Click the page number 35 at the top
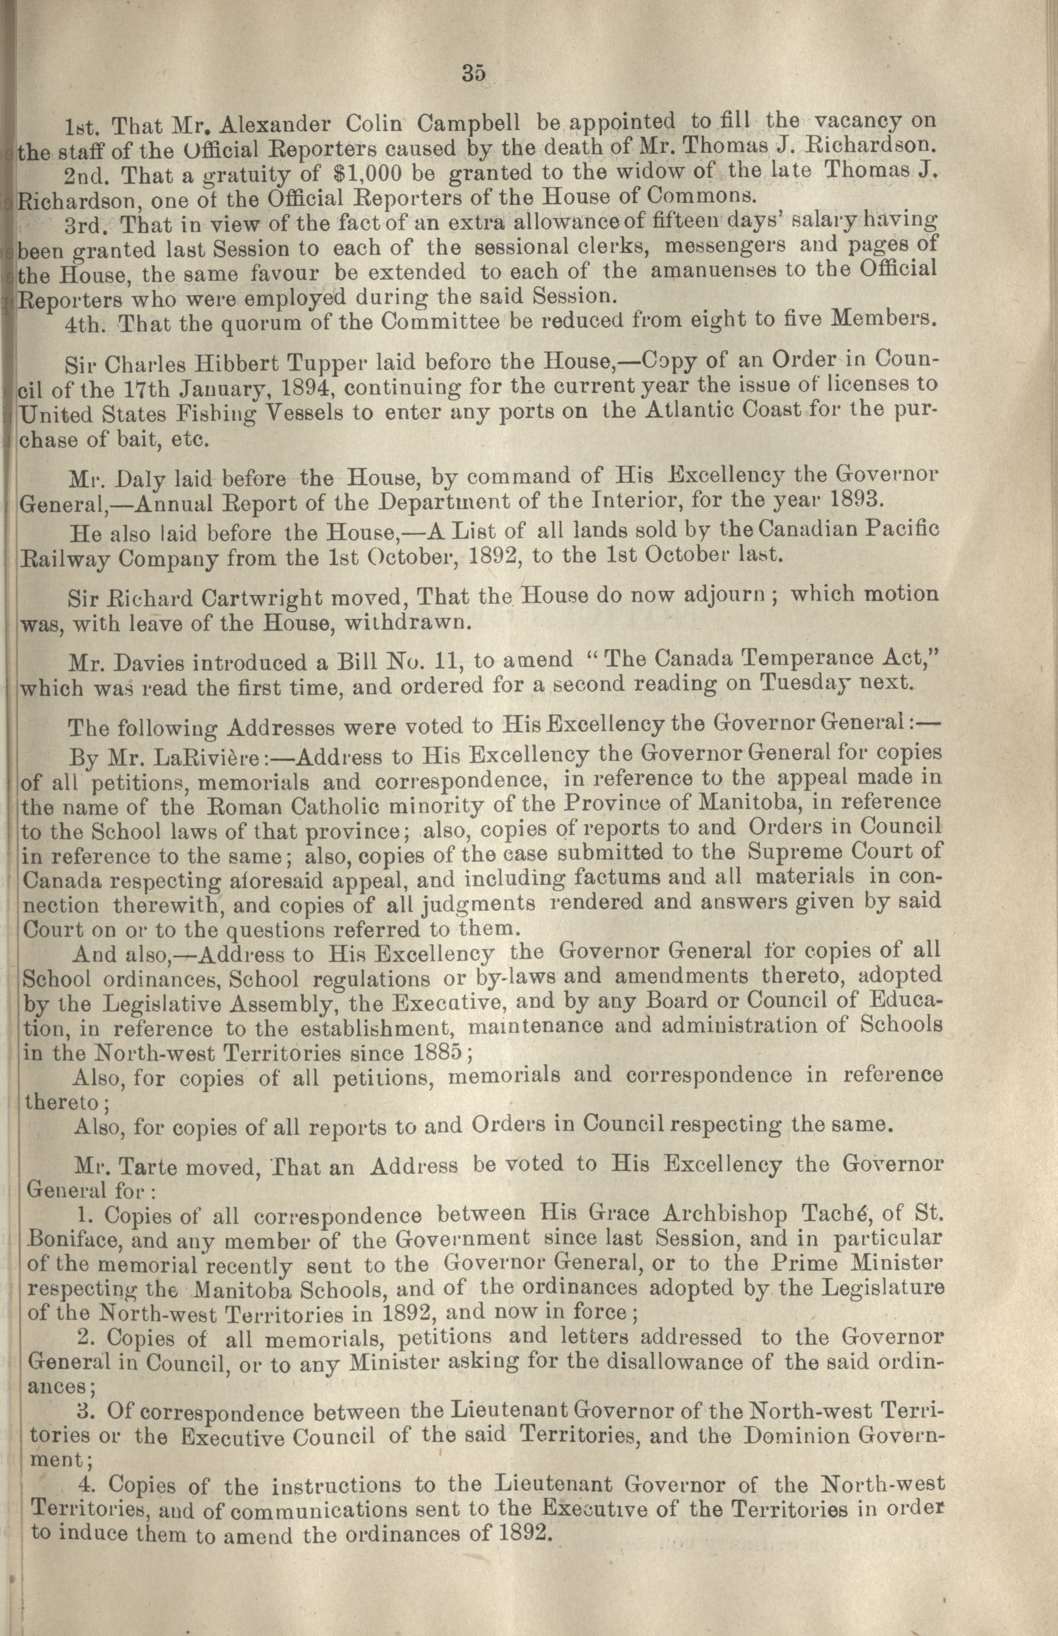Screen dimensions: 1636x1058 tap(474, 73)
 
